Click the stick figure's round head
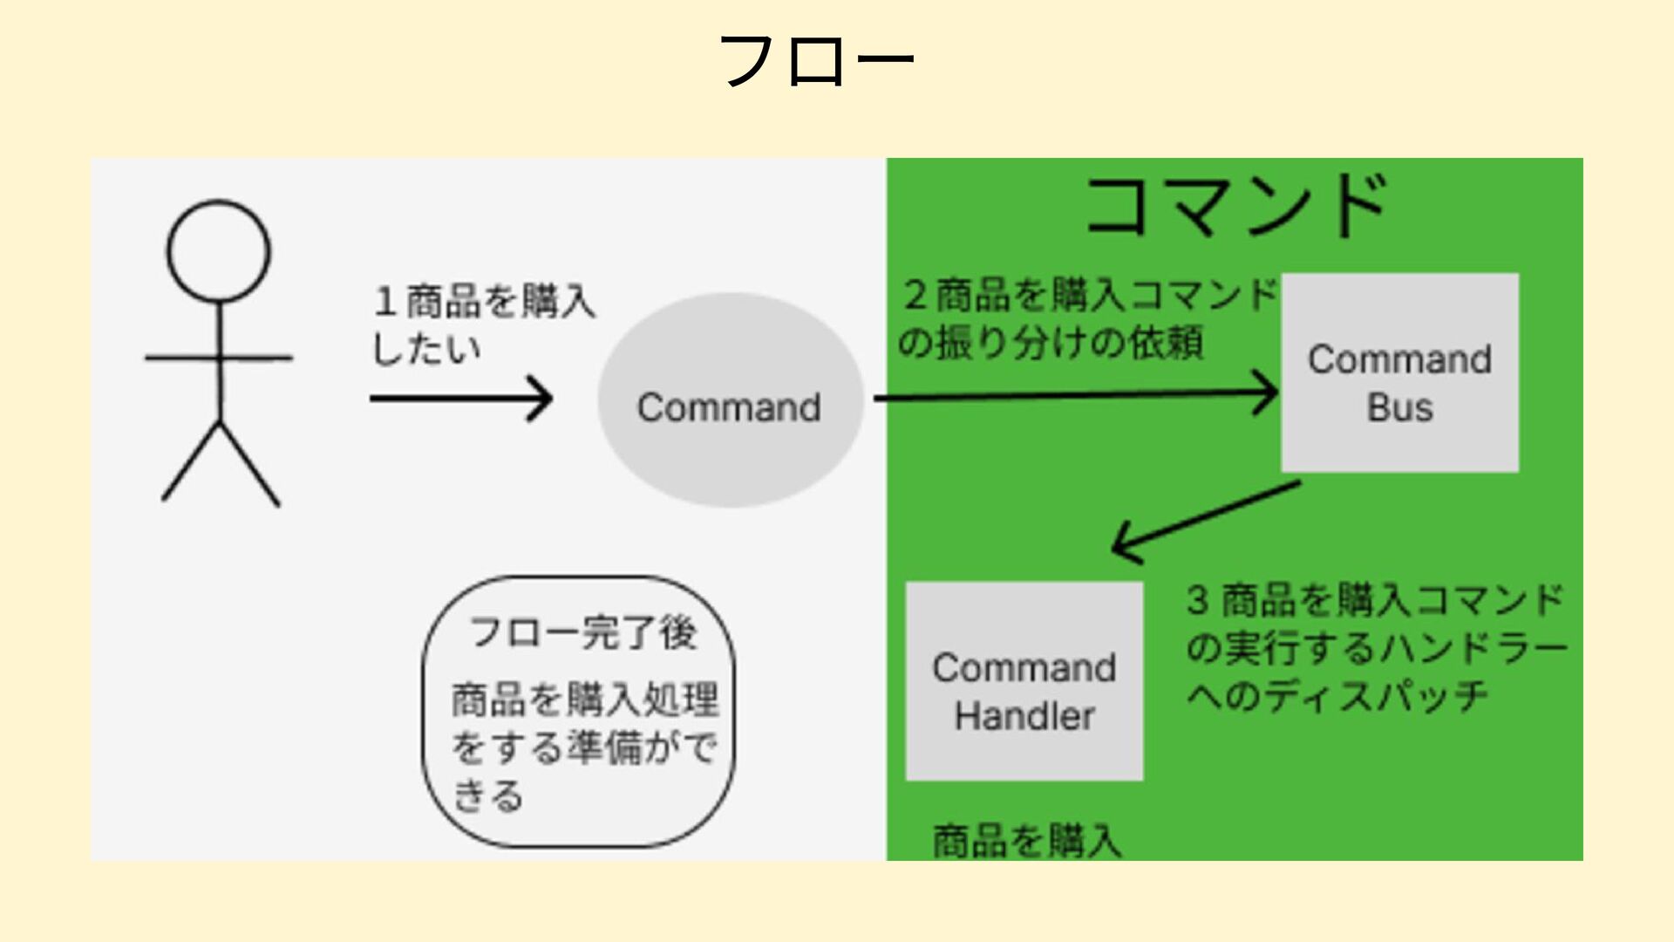coord(219,251)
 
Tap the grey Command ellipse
coord(730,400)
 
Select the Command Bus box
coord(1399,372)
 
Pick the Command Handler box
coord(1024,680)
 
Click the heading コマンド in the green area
coord(1235,206)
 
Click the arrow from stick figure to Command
coord(461,399)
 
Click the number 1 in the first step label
coord(384,302)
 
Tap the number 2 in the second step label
coord(915,295)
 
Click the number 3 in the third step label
coord(1198,600)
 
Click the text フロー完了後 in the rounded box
coord(582,632)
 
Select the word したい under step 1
coord(426,350)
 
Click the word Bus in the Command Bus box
coord(1399,407)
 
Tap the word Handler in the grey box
coord(1024,716)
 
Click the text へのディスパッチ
coord(1337,696)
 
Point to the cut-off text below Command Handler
coord(1026,841)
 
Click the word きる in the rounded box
coord(488,795)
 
